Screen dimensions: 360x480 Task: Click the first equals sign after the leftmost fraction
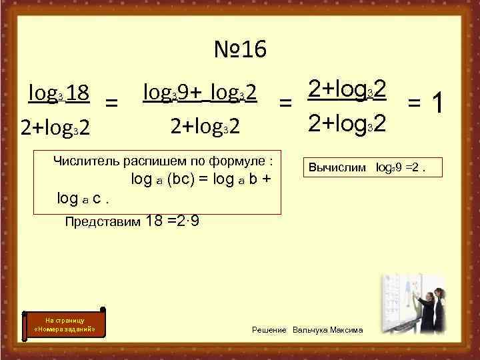(114, 103)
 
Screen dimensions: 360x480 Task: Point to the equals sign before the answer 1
(413, 103)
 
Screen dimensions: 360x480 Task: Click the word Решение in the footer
(269, 330)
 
